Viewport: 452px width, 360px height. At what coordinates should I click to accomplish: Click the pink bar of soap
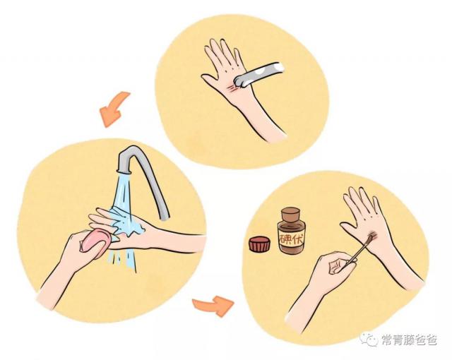tap(95, 240)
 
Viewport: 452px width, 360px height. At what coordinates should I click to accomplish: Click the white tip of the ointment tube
tap(278, 67)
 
